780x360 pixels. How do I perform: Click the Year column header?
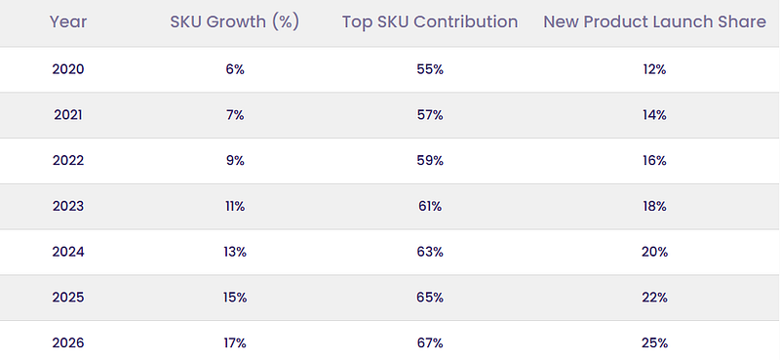(68, 21)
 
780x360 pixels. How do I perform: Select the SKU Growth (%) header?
(235, 21)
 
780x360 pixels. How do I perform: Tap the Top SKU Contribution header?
(430, 21)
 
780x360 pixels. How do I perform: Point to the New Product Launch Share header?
(654, 21)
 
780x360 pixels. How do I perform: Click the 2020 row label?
(68, 69)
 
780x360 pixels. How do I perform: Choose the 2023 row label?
(68, 206)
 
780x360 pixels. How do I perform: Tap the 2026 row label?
(68, 343)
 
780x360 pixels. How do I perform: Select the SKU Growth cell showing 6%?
(235, 69)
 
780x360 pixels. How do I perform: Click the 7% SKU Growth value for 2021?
(235, 115)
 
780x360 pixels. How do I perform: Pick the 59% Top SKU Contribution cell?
(430, 160)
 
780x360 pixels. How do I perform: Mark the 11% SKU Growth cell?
(235, 206)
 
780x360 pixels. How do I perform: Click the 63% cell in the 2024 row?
(430, 252)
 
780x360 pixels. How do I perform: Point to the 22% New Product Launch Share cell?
(654, 298)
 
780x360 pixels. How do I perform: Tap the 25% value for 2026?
(654, 343)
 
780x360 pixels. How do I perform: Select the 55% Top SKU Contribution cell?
(430, 69)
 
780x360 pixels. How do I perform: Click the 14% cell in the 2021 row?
(654, 115)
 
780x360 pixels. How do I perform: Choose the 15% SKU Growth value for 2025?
(235, 298)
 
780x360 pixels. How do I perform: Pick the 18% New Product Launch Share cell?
(654, 206)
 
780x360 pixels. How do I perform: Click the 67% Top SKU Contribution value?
(430, 343)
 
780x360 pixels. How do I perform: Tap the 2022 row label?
(68, 160)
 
